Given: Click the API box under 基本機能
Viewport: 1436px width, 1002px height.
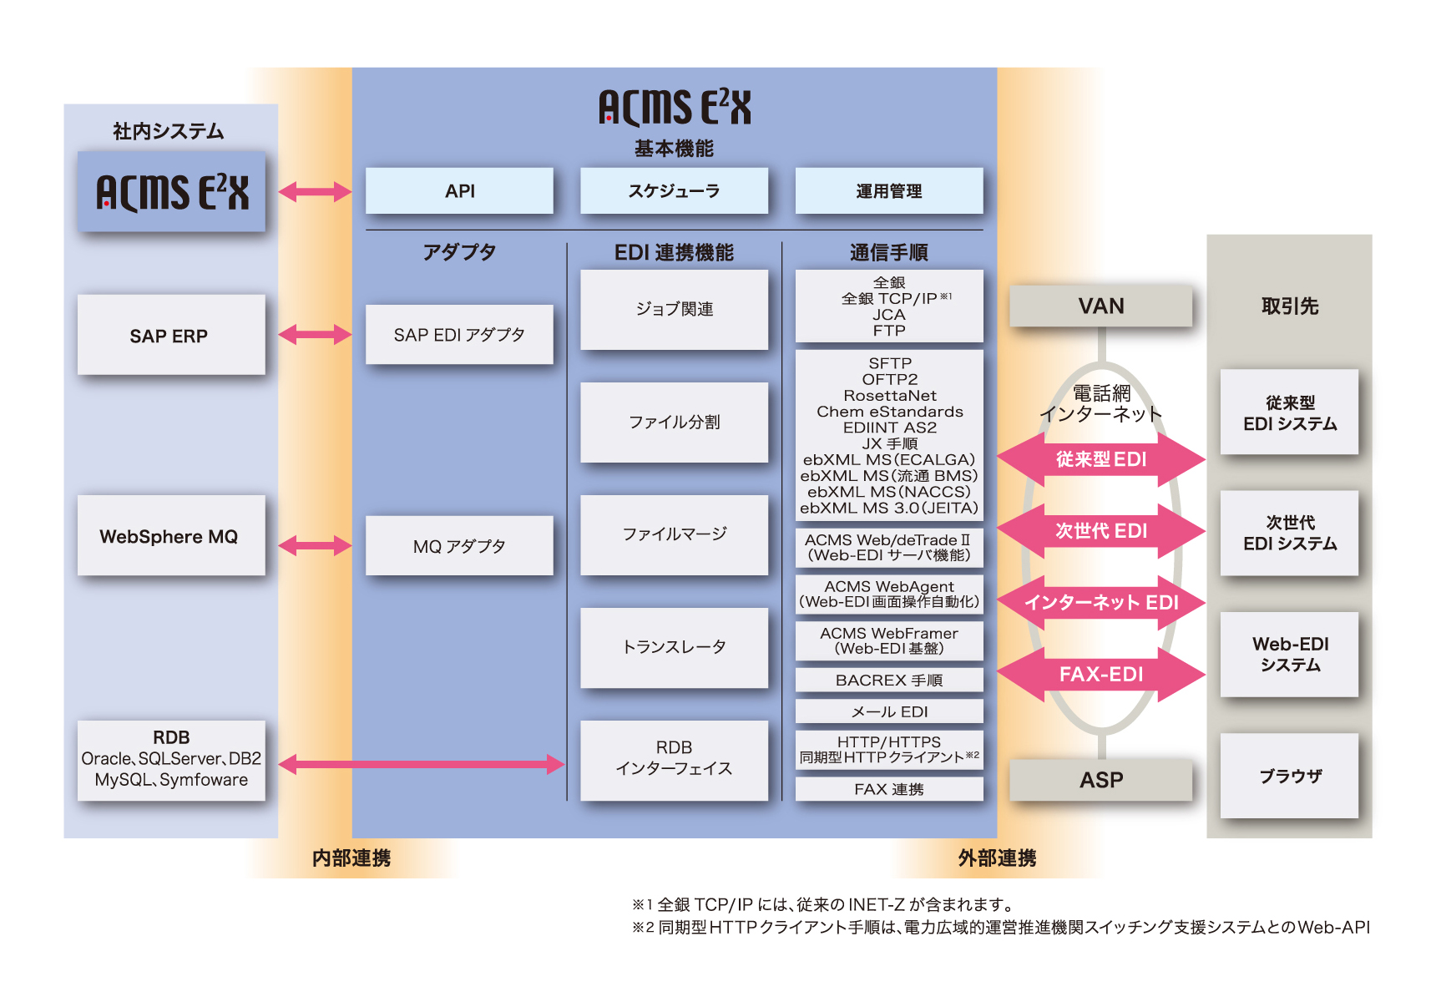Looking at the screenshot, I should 459,191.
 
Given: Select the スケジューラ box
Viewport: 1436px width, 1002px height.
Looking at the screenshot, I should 674,191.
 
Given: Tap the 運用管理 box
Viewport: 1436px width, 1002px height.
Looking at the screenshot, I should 888,191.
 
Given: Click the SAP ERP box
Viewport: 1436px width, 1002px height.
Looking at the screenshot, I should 171,335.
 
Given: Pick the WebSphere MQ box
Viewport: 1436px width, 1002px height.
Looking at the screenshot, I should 171,536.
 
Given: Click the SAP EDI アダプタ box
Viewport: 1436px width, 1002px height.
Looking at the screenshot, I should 459,335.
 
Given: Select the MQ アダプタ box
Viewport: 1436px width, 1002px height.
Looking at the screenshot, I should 459,546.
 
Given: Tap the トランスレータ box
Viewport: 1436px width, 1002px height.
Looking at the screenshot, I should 674,647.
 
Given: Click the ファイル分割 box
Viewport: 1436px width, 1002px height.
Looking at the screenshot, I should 674,423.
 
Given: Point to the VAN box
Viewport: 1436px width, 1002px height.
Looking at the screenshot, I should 1100,306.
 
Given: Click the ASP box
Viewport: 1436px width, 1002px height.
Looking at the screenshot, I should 1100,780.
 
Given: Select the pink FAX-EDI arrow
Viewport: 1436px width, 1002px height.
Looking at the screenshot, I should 1100,674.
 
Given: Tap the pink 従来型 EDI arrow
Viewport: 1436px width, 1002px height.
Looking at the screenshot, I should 1100,459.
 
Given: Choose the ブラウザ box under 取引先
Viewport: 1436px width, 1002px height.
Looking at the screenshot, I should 1289,776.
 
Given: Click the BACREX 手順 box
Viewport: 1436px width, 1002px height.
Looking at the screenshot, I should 888,680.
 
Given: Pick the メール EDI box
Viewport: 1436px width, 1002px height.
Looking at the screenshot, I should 888,711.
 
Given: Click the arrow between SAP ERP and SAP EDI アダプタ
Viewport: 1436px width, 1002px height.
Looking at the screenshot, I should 315,335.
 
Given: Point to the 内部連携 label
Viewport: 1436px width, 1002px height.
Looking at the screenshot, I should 351,858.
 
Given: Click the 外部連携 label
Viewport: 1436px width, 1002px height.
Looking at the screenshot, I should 997,858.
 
